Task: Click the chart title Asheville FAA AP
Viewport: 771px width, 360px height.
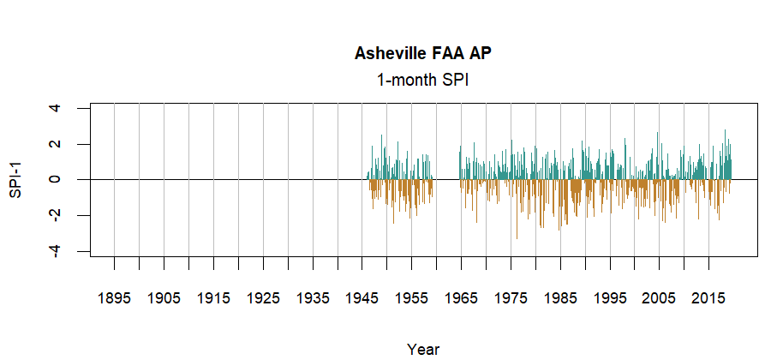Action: click(x=423, y=54)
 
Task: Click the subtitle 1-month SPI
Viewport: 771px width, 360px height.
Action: click(x=423, y=80)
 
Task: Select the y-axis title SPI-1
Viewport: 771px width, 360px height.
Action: click(x=15, y=179)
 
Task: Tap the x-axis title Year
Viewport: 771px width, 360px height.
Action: click(x=423, y=349)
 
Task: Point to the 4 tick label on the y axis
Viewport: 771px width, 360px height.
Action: click(x=56, y=108)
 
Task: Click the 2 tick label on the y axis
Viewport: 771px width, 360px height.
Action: click(x=56, y=144)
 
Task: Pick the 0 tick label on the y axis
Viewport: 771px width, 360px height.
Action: click(x=56, y=179)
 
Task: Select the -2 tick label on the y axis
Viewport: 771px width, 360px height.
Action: click(x=56, y=215)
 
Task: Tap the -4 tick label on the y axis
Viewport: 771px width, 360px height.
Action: click(x=56, y=250)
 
